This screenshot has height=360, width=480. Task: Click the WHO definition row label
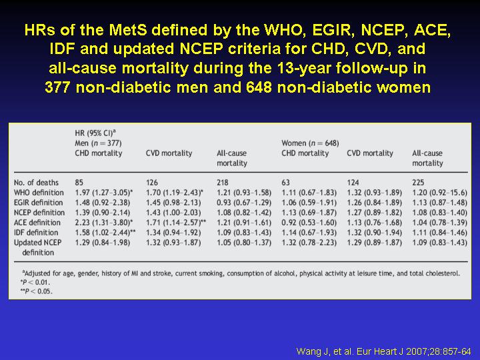39,193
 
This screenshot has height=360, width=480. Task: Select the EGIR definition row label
38,203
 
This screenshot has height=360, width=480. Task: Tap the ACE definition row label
37,223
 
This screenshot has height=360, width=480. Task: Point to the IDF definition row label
36,233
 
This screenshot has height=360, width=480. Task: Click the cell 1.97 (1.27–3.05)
104,193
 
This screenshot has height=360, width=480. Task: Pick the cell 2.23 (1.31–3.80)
104,223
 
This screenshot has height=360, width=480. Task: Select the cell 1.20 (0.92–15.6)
439,193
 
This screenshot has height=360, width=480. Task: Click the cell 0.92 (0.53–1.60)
309,223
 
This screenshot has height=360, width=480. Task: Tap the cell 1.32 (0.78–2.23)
309,243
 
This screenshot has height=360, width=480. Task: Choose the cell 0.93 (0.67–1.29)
244,203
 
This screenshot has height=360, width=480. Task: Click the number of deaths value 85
79,183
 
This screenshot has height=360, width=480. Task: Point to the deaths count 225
418,183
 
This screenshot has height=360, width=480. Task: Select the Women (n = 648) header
310,143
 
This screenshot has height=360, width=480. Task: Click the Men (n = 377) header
98,143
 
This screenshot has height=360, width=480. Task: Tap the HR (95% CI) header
95,133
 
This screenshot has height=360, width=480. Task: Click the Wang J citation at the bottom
383,351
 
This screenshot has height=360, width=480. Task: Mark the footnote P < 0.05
37,291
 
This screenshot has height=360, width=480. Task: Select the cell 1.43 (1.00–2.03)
173,213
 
